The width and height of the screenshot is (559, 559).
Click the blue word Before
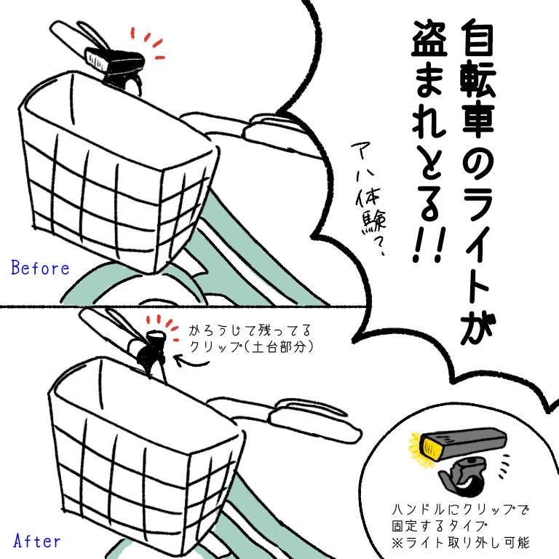click(x=40, y=268)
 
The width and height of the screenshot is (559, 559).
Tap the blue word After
click(x=37, y=541)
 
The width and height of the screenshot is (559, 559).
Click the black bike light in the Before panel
click(x=115, y=60)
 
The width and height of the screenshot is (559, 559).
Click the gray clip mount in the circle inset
click(x=463, y=477)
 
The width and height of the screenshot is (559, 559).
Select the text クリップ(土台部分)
click(x=251, y=346)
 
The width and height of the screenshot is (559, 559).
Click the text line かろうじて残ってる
click(x=250, y=330)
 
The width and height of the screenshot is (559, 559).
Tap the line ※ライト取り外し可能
click(x=460, y=542)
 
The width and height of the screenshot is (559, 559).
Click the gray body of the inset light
click(x=472, y=444)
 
